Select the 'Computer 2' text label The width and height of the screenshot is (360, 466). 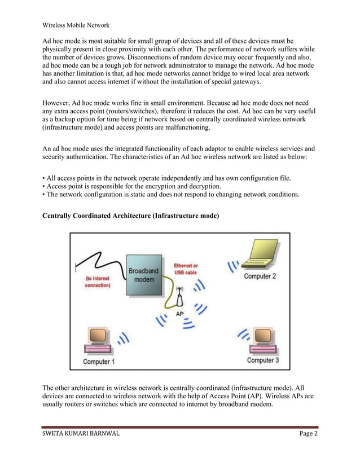(260, 276)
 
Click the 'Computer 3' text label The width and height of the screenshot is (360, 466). (263, 360)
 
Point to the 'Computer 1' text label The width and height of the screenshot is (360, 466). (99, 362)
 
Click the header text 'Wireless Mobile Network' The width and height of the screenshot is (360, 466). (76, 25)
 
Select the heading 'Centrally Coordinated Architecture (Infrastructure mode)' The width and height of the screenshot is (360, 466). (131, 216)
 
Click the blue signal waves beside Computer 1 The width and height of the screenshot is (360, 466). (123, 338)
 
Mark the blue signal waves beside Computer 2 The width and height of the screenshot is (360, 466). (233, 265)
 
